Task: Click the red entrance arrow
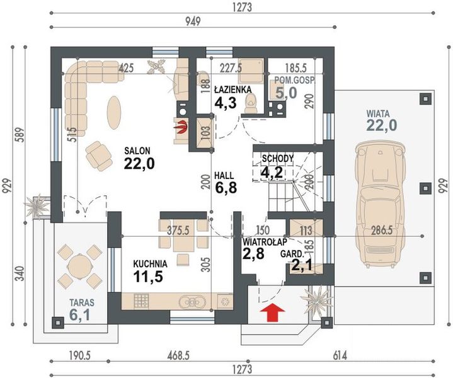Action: [272, 312]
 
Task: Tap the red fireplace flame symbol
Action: [181, 127]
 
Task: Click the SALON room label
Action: [137, 151]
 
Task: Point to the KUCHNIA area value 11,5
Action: [148, 277]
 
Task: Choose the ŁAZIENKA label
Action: [232, 89]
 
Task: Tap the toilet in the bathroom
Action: [251, 103]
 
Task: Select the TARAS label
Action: [82, 302]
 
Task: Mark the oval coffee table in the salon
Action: [114, 112]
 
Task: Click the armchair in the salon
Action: [99, 156]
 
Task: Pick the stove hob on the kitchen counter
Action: [142, 301]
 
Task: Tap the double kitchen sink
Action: [192, 302]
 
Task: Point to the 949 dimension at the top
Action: [193, 21]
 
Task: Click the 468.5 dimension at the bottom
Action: [178, 356]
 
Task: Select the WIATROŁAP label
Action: [265, 241]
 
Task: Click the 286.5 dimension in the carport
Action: [381, 231]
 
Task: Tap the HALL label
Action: [224, 176]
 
